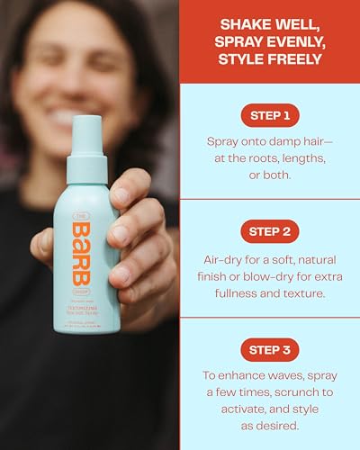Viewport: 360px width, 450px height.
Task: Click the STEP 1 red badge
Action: point(269,116)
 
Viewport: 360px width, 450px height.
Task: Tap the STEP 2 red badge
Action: point(269,231)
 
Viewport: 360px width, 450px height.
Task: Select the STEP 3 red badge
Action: point(269,349)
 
